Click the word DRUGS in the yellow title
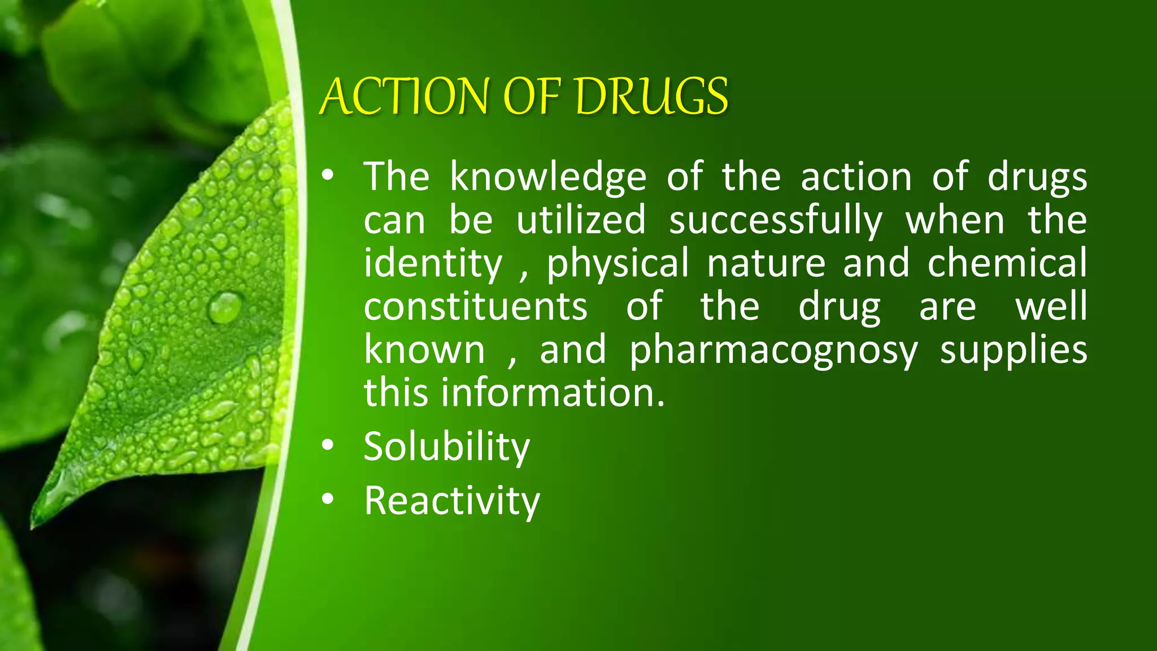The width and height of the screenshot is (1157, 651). coord(652,97)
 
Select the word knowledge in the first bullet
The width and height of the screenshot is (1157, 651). coord(548,177)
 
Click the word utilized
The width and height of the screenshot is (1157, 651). coord(581,220)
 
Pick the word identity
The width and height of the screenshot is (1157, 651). coord(433,264)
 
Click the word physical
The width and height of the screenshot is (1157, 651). coord(617,264)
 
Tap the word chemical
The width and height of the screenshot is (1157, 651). coord(1007,263)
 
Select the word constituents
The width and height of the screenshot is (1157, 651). coord(476,307)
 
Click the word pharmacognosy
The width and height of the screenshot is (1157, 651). coord(774,351)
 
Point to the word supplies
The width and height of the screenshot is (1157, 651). coord(1014,351)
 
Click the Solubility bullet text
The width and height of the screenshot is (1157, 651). coord(447,447)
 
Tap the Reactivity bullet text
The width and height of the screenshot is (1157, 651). coord(452,501)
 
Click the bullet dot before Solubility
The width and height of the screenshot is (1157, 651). coord(328,446)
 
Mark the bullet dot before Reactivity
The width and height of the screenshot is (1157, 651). coord(328,500)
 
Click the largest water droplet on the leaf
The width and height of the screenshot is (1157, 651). coord(225,307)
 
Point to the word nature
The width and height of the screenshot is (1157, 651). coord(766,264)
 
